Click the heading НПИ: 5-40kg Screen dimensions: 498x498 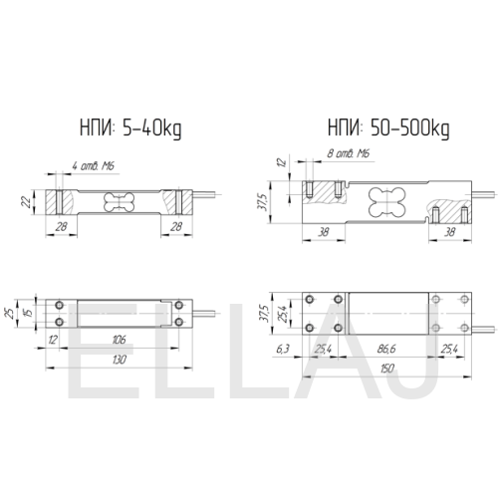(130, 128)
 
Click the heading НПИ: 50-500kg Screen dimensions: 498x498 (388, 128)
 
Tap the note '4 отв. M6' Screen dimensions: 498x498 (94, 166)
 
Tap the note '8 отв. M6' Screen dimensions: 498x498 (349, 153)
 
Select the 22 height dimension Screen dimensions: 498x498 (26, 202)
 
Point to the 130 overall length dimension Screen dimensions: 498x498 (119, 360)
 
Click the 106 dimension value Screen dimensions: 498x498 (119, 340)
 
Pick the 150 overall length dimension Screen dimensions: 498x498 (386, 369)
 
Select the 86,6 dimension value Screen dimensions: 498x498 (386, 349)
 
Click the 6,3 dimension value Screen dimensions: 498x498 (283, 349)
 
